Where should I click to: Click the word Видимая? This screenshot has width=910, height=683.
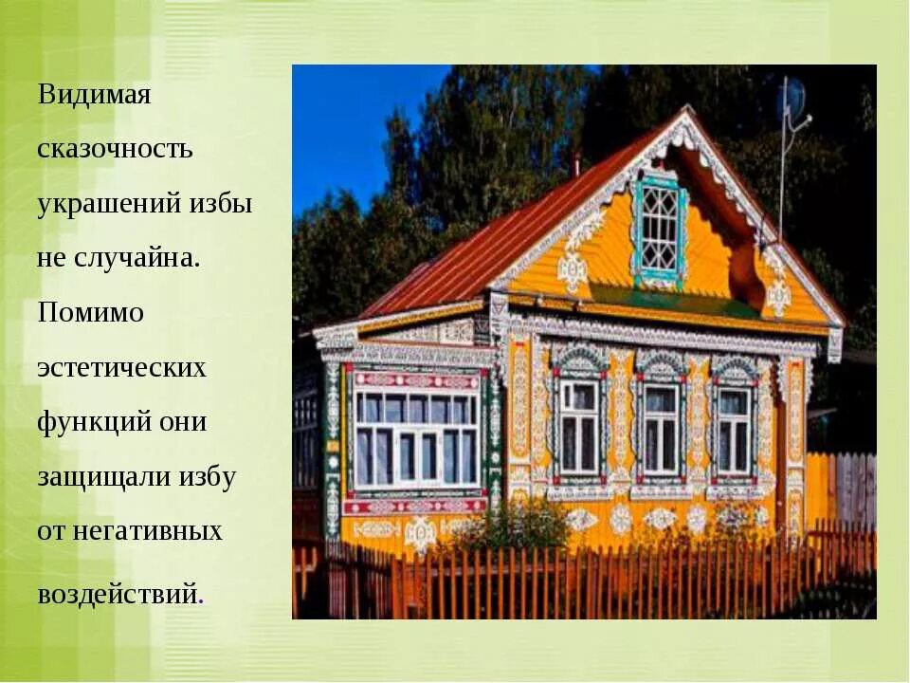pos(95,96)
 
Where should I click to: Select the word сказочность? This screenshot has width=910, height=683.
pos(116,149)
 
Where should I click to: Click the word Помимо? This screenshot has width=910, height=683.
pos(91,313)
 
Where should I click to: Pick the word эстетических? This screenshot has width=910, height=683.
pos(121,368)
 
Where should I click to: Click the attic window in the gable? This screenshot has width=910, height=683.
pos(660,228)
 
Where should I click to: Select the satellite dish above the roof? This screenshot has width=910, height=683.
pos(791,100)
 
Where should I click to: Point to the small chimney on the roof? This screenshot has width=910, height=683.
pos(575,163)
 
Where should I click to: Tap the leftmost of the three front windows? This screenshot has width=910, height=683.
pos(577,427)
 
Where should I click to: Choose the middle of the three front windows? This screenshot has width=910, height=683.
pos(661,429)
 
